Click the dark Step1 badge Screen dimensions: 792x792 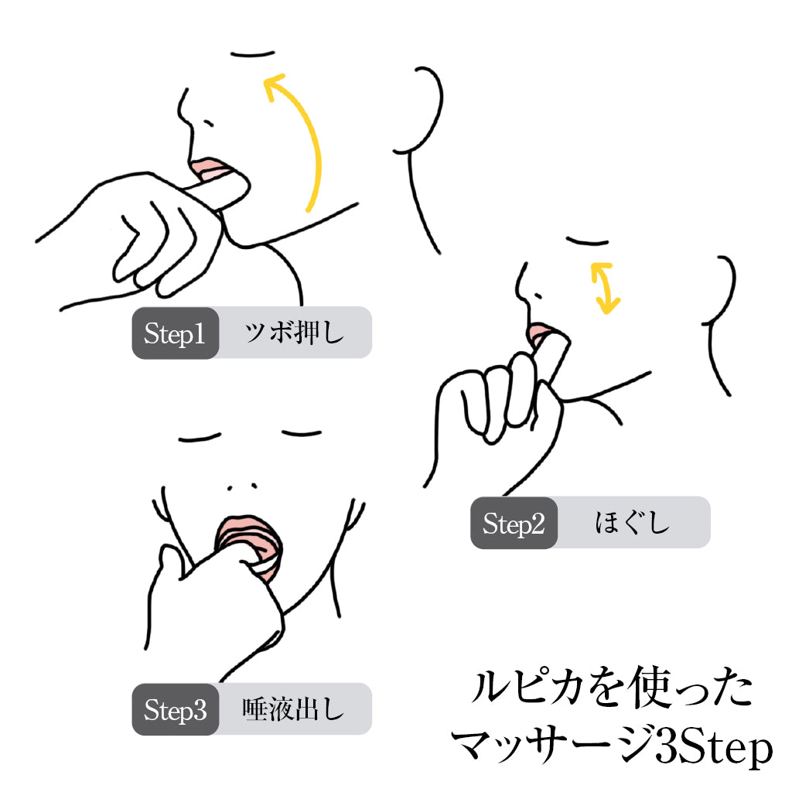[x=176, y=333]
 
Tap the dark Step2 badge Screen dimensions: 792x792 [x=514, y=523]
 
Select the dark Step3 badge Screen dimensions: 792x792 [x=176, y=709]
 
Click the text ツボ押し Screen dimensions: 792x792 [x=295, y=333]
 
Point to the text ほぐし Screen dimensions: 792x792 [x=633, y=523]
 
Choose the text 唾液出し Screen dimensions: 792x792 [x=293, y=709]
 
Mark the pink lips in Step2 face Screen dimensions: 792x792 [x=538, y=334]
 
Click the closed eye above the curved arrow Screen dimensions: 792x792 [x=253, y=53]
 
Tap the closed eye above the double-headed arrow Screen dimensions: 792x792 [x=587, y=241]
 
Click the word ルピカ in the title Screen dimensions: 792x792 [x=527, y=688]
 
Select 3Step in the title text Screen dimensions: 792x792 [x=713, y=749]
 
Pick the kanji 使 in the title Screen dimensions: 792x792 [x=651, y=688]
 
